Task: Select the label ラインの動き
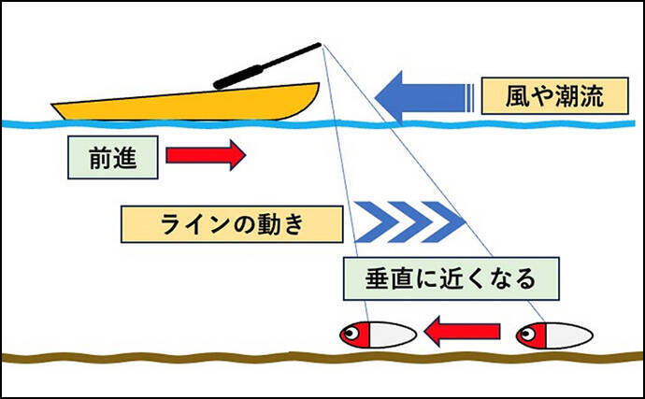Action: pyautogui.click(x=228, y=224)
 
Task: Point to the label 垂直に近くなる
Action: pyautogui.click(x=451, y=278)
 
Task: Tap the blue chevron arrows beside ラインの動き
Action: pyautogui.click(x=411, y=221)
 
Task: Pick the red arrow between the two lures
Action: pyautogui.click(x=462, y=331)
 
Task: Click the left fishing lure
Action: pyautogui.click(x=377, y=334)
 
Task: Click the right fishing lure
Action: pyautogui.click(x=552, y=334)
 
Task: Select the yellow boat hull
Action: pyautogui.click(x=187, y=101)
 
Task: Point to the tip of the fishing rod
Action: pyautogui.click(x=320, y=44)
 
